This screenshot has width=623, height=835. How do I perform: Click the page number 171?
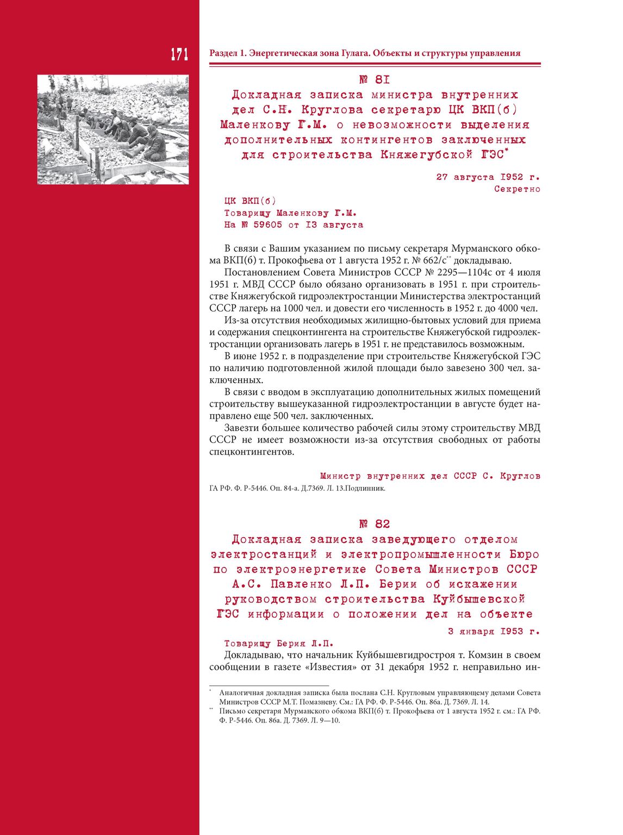click(x=179, y=54)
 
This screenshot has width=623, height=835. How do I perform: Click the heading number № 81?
click(x=375, y=80)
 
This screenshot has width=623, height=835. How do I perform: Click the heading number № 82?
click(x=375, y=524)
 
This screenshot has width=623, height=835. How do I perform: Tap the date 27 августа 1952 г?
click(x=488, y=177)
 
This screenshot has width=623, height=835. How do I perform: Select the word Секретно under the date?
click(x=517, y=189)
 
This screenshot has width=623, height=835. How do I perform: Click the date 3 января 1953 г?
click(x=494, y=632)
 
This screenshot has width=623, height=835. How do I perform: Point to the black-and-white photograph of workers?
click(x=113, y=129)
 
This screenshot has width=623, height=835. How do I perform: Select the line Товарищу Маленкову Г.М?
click(x=290, y=213)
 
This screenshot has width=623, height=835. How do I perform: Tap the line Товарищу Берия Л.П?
click(x=279, y=644)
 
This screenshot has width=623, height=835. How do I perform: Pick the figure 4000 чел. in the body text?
click(x=520, y=308)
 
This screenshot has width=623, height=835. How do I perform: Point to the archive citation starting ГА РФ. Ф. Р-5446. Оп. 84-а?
click(x=297, y=489)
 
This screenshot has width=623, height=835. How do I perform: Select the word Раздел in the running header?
click(x=223, y=53)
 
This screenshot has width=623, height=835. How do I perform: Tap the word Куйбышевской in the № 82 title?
click(x=479, y=599)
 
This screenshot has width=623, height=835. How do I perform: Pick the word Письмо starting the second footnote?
click(x=232, y=711)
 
